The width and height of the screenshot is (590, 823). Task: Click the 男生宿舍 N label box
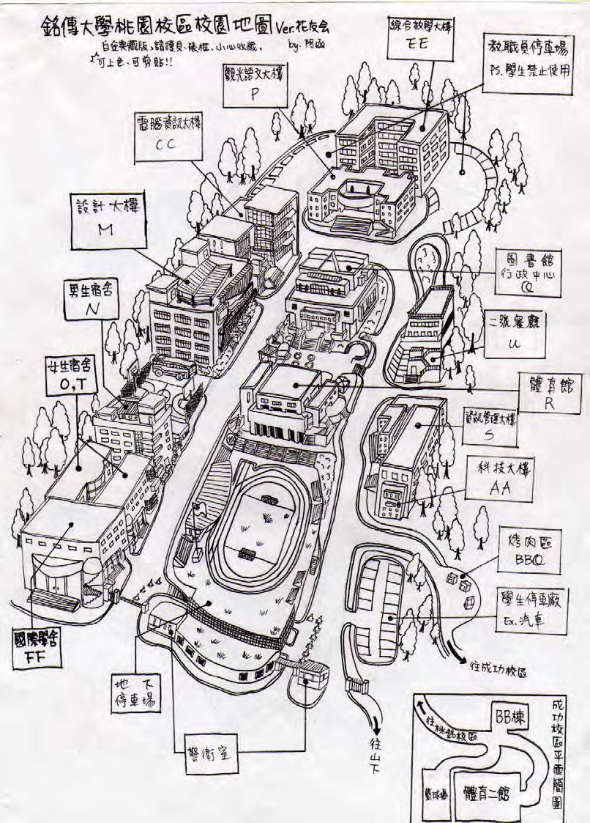pyautogui.click(x=92, y=301)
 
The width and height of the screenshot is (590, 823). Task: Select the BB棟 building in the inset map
pyautogui.click(x=510, y=720)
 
